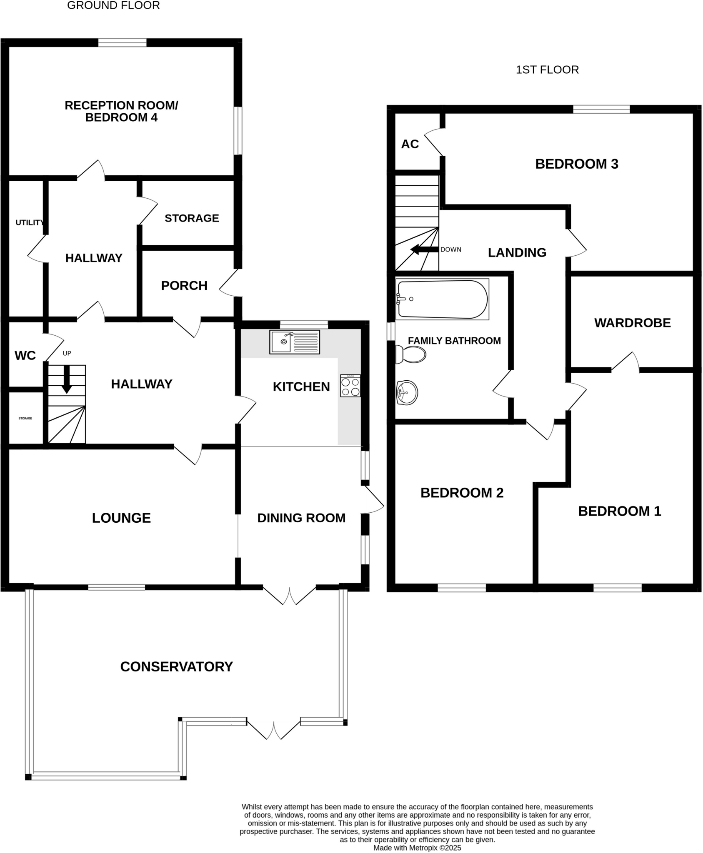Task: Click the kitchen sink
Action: [x=294, y=342]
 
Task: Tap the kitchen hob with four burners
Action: [x=350, y=386]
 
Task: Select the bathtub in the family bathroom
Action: [x=442, y=299]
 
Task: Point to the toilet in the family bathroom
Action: [x=411, y=354]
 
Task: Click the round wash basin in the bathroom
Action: [x=406, y=392]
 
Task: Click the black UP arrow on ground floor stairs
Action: [x=67, y=380]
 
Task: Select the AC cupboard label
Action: [x=410, y=144]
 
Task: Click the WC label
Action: [x=25, y=356]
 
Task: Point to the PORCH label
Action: [x=184, y=286]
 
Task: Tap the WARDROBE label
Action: [x=632, y=323]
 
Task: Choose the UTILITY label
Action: [x=29, y=223]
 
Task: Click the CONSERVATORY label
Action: [x=176, y=667]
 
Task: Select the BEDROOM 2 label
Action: [x=462, y=493]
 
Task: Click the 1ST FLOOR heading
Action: [x=547, y=70]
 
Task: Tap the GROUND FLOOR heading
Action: [x=113, y=5]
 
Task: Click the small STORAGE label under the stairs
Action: [x=25, y=418]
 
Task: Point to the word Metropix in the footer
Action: [x=423, y=848]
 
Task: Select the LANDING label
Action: [x=517, y=252]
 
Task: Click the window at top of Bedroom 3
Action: [x=601, y=109]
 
